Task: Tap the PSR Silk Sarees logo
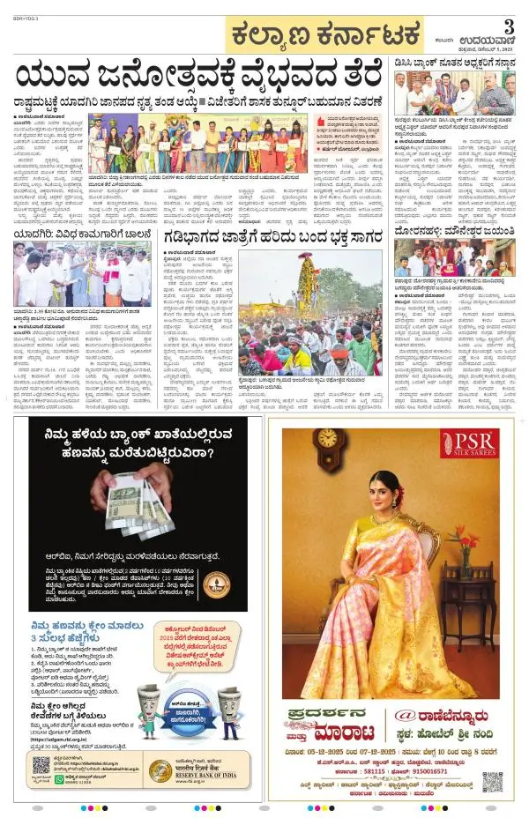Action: [x=468, y=444]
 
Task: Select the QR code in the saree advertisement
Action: [x=492, y=781]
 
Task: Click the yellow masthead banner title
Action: [x=324, y=36]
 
